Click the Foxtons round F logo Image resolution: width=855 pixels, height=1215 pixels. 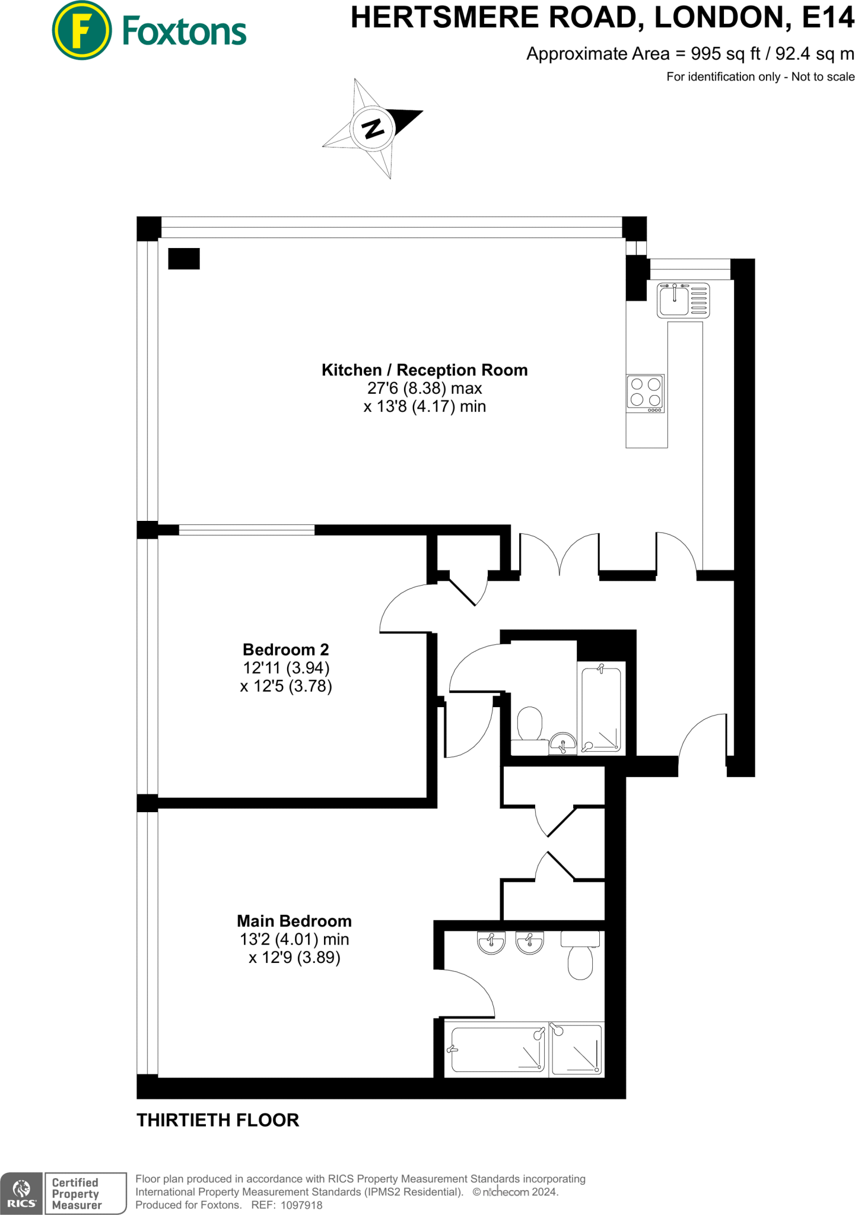[81, 30]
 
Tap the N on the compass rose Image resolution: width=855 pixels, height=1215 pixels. [373, 128]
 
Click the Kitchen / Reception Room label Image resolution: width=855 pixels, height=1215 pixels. [424, 370]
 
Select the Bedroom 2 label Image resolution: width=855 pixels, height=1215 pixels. [285, 650]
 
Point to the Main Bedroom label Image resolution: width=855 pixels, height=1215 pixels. [294, 921]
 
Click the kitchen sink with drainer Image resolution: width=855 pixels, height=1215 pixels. [683, 300]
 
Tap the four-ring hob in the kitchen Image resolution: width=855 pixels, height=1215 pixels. [646, 393]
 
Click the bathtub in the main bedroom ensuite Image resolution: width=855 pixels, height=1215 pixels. [497, 1049]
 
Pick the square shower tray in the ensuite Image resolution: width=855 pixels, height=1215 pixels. [576, 1049]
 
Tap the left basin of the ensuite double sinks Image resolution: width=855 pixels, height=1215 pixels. [491, 942]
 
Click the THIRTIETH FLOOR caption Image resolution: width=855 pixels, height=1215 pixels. [218, 1120]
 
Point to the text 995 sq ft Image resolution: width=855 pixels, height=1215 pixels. [725, 54]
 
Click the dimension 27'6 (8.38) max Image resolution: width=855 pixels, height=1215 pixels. [424, 389]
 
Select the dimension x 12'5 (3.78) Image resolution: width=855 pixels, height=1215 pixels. [285, 686]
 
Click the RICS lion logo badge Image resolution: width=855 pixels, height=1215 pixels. [21, 1193]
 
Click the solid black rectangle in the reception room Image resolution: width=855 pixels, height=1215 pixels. [184, 259]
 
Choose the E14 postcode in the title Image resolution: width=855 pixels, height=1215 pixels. [828, 18]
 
